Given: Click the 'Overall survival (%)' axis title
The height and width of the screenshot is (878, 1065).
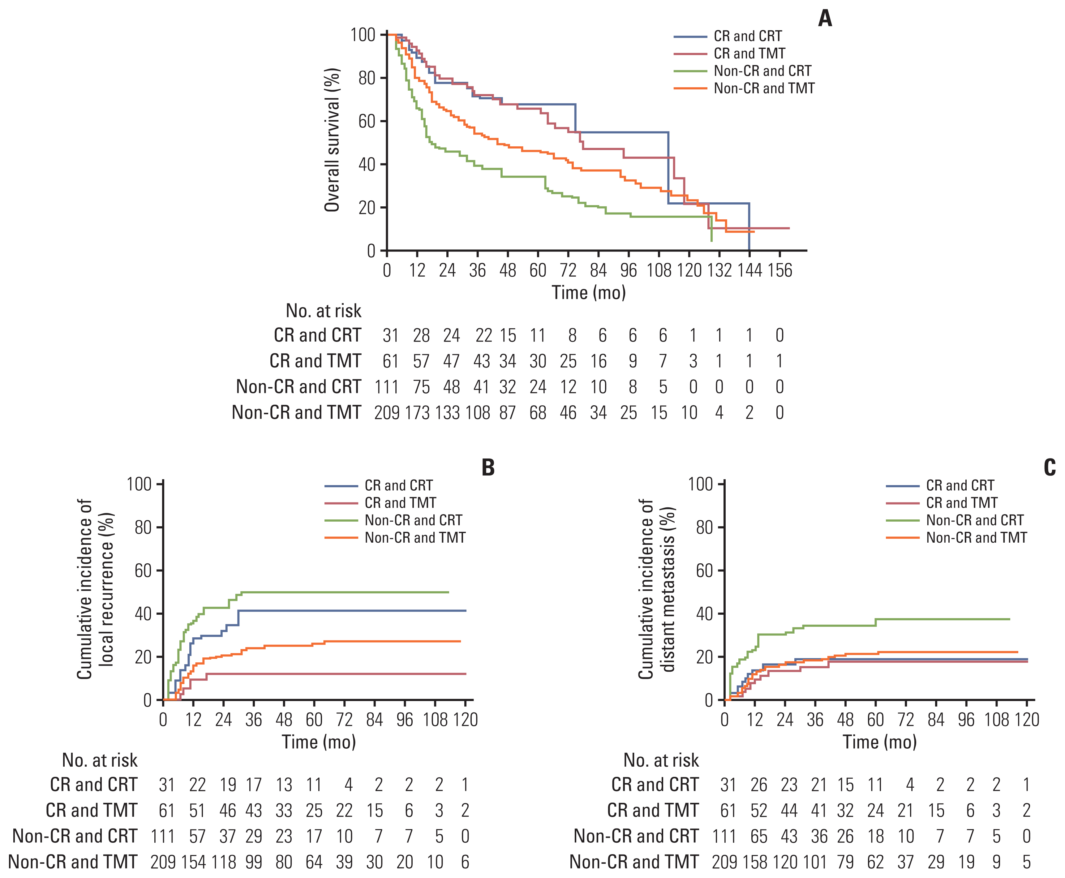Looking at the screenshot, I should (x=332, y=140).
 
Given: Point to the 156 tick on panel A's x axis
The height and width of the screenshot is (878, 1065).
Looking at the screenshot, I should (x=780, y=271).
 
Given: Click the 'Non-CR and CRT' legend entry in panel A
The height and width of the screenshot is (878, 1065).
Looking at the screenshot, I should (x=762, y=71).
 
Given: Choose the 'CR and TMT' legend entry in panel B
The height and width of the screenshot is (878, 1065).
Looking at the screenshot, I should (x=400, y=503).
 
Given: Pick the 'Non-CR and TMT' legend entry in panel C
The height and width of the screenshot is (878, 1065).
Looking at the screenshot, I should (x=976, y=538).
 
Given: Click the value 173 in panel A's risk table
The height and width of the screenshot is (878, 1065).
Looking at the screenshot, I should (x=417, y=413).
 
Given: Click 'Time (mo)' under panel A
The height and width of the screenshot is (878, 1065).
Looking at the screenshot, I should (x=589, y=293).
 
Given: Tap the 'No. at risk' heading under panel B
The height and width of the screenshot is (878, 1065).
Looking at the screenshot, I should (x=100, y=760).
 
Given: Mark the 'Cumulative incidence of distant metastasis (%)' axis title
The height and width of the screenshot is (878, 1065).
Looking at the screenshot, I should (x=656, y=589).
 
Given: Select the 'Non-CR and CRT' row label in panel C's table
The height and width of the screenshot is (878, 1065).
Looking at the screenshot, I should (x=636, y=836).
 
